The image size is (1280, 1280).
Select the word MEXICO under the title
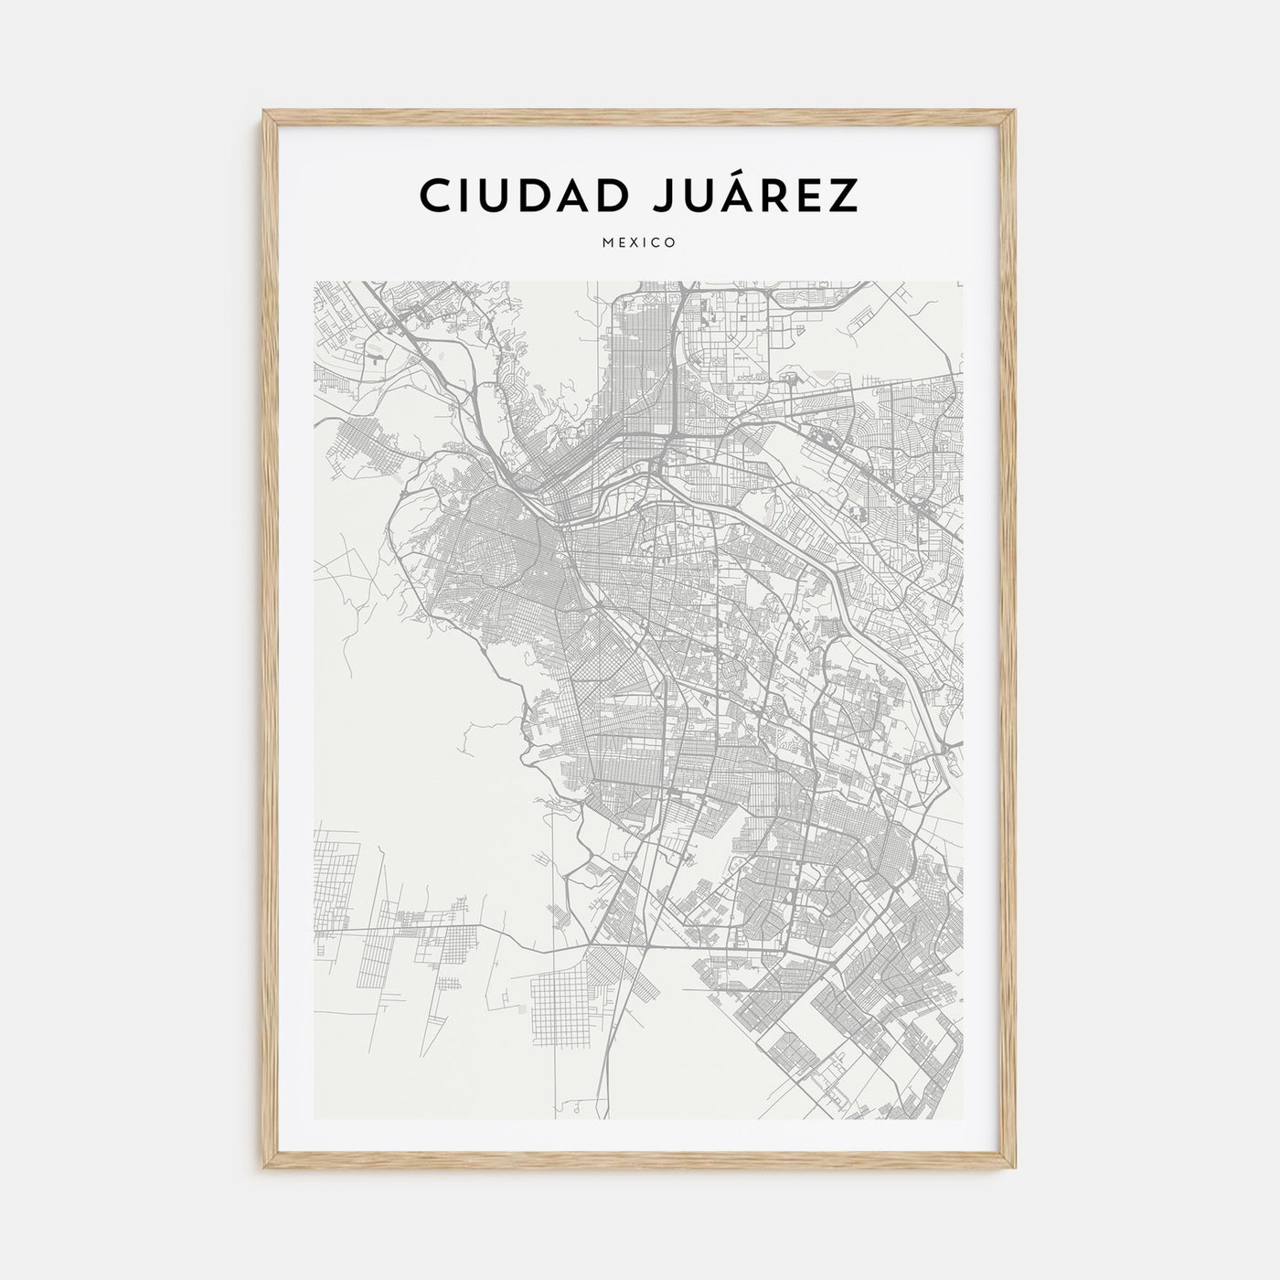pyautogui.click(x=639, y=243)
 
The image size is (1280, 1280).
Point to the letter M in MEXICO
pyautogui.click(x=607, y=243)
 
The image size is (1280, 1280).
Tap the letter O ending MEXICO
pyautogui.click(x=671, y=243)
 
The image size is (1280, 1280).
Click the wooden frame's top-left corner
pyautogui.click(x=264, y=112)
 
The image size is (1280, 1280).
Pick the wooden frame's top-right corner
pyautogui.click(x=1016, y=112)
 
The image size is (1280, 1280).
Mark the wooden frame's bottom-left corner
pyautogui.click(x=264, y=1169)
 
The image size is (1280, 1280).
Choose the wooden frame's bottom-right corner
pyautogui.click(x=1016, y=1169)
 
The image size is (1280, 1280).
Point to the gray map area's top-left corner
pyautogui.click(x=315, y=282)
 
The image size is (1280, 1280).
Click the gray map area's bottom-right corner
pyautogui.click(x=965, y=1120)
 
